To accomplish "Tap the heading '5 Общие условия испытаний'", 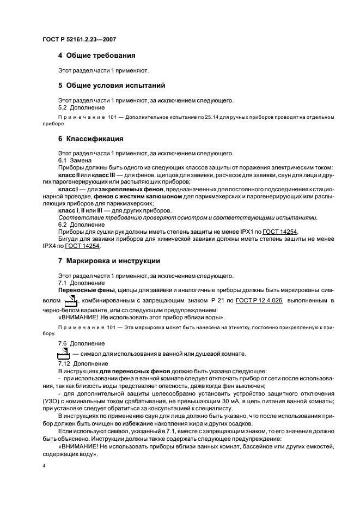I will tap(111, 86).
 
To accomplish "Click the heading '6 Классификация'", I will tap(90, 138).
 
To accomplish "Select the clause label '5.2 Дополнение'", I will tap(77, 108).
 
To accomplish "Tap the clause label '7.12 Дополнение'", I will tap(79, 362).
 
